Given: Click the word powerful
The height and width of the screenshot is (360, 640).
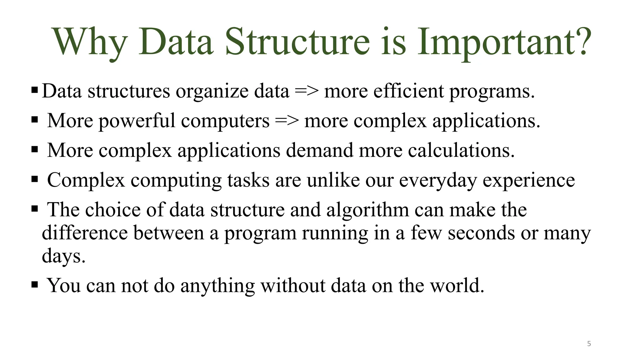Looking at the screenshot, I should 137,121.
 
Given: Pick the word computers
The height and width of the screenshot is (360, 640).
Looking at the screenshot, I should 225,121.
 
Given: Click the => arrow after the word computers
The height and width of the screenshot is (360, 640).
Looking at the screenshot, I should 287,121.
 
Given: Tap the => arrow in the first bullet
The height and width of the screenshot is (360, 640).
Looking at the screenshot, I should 307,91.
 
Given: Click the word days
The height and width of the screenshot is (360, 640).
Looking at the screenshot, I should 63,256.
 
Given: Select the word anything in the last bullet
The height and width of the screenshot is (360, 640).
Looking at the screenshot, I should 217,286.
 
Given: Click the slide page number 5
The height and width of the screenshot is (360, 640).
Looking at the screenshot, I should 589,344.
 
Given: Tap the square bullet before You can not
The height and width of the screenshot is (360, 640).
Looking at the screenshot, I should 35,285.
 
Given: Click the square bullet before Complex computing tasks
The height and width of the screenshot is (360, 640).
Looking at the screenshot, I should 35,179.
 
